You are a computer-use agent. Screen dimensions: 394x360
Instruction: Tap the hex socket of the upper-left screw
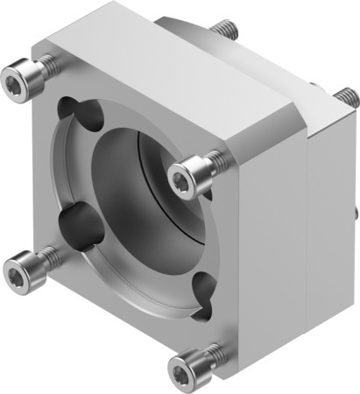tap(17, 84)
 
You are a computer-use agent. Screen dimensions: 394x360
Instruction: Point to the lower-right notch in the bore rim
tap(203, 285)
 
